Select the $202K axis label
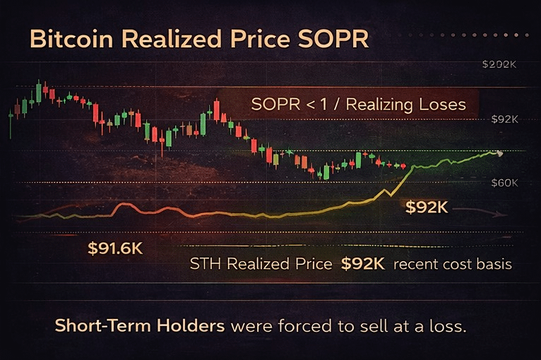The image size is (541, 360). tap(499, 64)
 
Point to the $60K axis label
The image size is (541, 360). tap(505, 183)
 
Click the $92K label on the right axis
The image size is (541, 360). tap(505, 119)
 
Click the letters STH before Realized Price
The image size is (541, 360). tap(205, 265)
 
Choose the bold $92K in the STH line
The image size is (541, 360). tap(363, 265)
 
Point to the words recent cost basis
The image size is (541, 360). tap(452, 265)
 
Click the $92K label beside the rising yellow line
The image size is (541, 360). tap(427, 208)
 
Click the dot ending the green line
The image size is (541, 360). tap(500, 152)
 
